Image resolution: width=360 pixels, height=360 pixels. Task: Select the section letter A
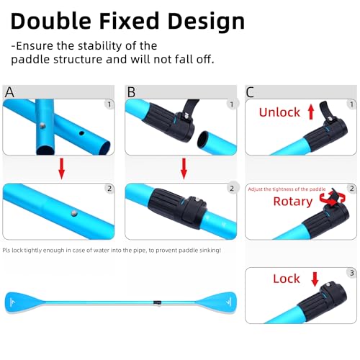coord(9,92)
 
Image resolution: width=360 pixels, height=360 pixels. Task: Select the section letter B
coord(131,92)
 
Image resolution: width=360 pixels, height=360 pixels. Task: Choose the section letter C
coord(251,92)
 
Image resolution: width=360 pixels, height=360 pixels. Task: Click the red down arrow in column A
coord(61,168)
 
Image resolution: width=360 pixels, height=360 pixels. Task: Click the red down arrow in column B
coord(184,168)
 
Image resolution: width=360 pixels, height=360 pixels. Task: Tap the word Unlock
coord(279,113)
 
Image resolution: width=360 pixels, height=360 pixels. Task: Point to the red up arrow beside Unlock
coord(311,112)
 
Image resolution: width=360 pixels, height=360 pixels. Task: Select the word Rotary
coord(292,202)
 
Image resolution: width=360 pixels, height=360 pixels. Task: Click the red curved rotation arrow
coord(330,199)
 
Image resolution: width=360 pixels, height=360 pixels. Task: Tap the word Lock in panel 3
coord(287,279)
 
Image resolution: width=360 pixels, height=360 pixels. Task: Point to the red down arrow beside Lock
coord(314,279)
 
